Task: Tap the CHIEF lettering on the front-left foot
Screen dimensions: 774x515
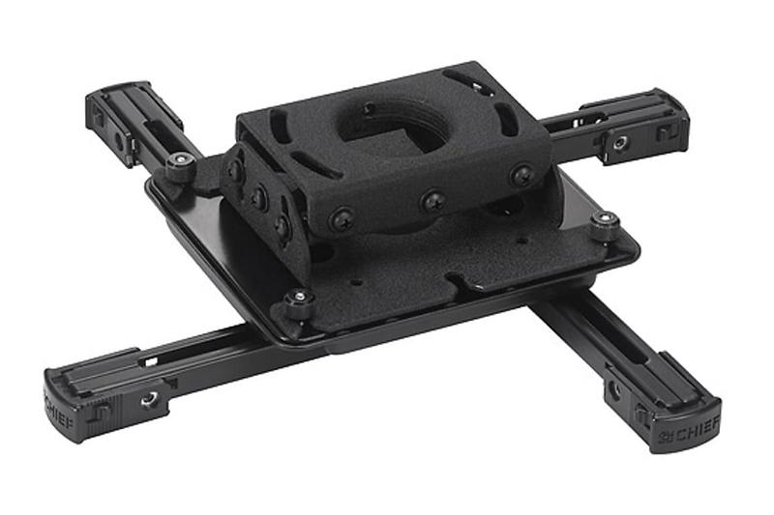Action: (59, 413)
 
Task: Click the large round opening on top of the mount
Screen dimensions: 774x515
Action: (394, 123)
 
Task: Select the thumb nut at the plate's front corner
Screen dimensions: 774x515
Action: (298, 302)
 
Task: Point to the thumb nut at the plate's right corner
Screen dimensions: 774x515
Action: (606, 225)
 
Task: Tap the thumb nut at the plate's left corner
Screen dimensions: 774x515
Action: (180, 166)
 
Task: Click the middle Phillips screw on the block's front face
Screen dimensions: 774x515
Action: (433, 201)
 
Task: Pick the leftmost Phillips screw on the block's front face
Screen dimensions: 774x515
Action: (342, 218)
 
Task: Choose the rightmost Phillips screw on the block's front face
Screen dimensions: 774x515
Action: (521, 175)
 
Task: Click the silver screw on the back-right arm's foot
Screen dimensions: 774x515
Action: (620, 144)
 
